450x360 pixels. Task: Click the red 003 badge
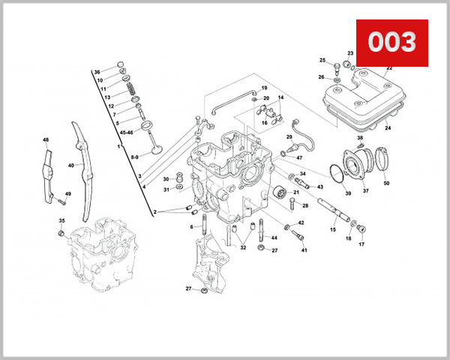tap(391, 43)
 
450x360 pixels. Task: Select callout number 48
tap(46, 140)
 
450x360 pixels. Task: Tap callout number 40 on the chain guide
tap(71, 165)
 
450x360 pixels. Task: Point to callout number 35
tap(61, 220)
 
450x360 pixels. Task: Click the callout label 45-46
tap(127, 133)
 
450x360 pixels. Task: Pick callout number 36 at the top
tap(97, 72)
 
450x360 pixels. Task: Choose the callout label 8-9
tap(134, 157)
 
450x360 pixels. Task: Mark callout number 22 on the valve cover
tap(388, 68)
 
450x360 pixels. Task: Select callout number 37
tap(367, 191)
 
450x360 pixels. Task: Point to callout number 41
tap(304, 250)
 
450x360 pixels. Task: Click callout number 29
tap(289, 137)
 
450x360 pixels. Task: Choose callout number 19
tap(264, 88)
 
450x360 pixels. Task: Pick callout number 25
tap(322, 61)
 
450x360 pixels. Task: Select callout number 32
tap(243, 248)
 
